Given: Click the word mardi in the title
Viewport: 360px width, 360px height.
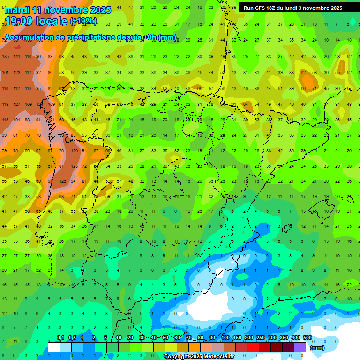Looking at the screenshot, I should tap(17, 10).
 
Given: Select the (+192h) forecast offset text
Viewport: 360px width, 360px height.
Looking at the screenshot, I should tap(83, 21).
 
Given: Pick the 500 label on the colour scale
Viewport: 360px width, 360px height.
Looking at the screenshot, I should tap(307, 338).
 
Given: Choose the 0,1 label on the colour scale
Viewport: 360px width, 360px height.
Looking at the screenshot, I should tap(60, 338).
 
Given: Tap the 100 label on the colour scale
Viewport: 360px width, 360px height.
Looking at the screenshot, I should tap(225, 338).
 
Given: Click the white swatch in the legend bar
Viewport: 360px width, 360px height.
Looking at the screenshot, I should tap(54, 347).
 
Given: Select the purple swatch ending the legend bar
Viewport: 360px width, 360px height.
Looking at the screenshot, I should tap(300, 347).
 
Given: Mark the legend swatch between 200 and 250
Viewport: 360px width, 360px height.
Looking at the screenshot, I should tap(254, 347).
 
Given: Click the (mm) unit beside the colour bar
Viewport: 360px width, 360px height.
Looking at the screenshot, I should tap(318, 348).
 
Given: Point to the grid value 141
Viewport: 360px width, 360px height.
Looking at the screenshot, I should tap(17, 57).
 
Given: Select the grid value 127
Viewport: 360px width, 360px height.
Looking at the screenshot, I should tap(17, 105).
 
